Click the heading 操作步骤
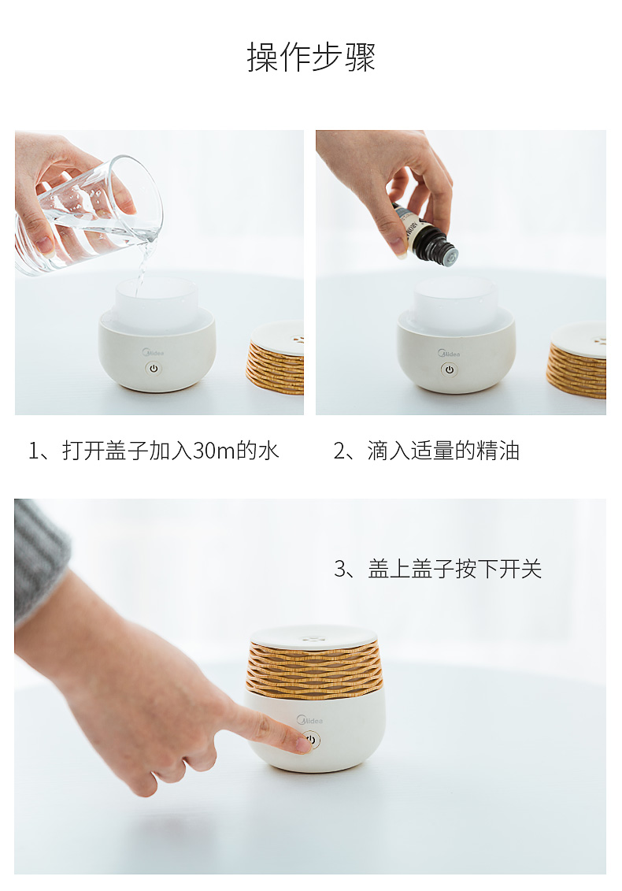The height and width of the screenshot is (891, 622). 311,57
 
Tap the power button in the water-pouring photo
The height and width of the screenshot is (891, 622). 154,368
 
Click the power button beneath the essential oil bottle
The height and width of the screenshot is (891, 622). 450,369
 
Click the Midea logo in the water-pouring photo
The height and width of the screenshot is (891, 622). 153,352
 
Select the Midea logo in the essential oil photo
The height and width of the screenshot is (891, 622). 449,354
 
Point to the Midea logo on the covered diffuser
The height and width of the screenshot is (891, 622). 309,720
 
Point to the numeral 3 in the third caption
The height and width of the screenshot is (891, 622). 339,569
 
